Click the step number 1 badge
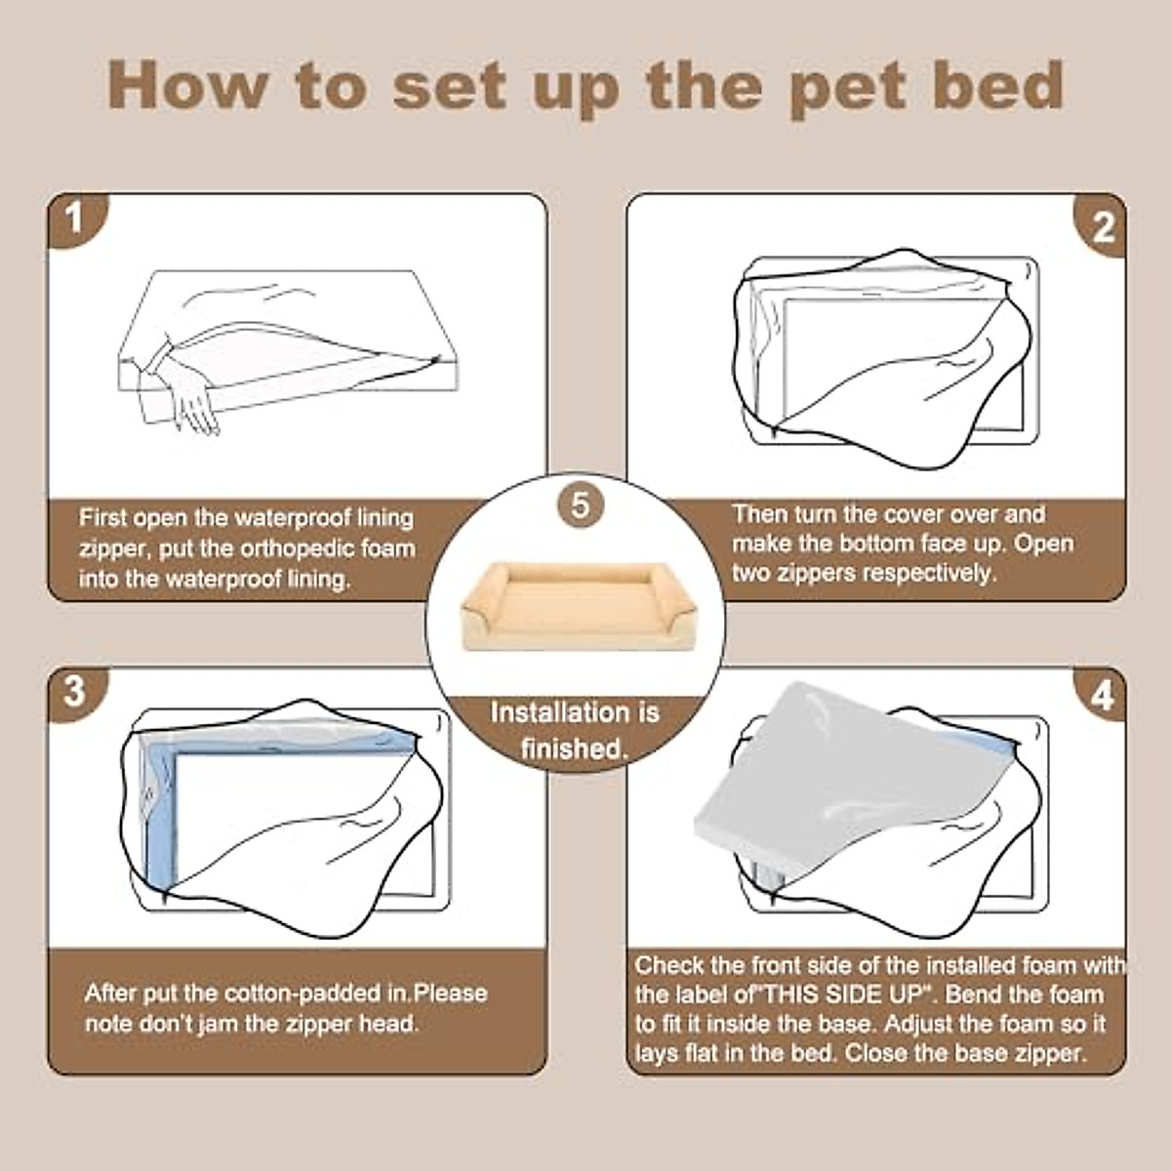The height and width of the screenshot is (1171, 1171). pos(74,220)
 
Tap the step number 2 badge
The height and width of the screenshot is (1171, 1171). pos(1101,227)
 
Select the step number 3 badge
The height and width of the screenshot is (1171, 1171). pos(74,691)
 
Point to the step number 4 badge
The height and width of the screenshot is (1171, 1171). pos(1101,696)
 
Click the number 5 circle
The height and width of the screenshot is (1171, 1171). pos(581,505)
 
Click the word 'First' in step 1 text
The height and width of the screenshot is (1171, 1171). pos(101,518)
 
